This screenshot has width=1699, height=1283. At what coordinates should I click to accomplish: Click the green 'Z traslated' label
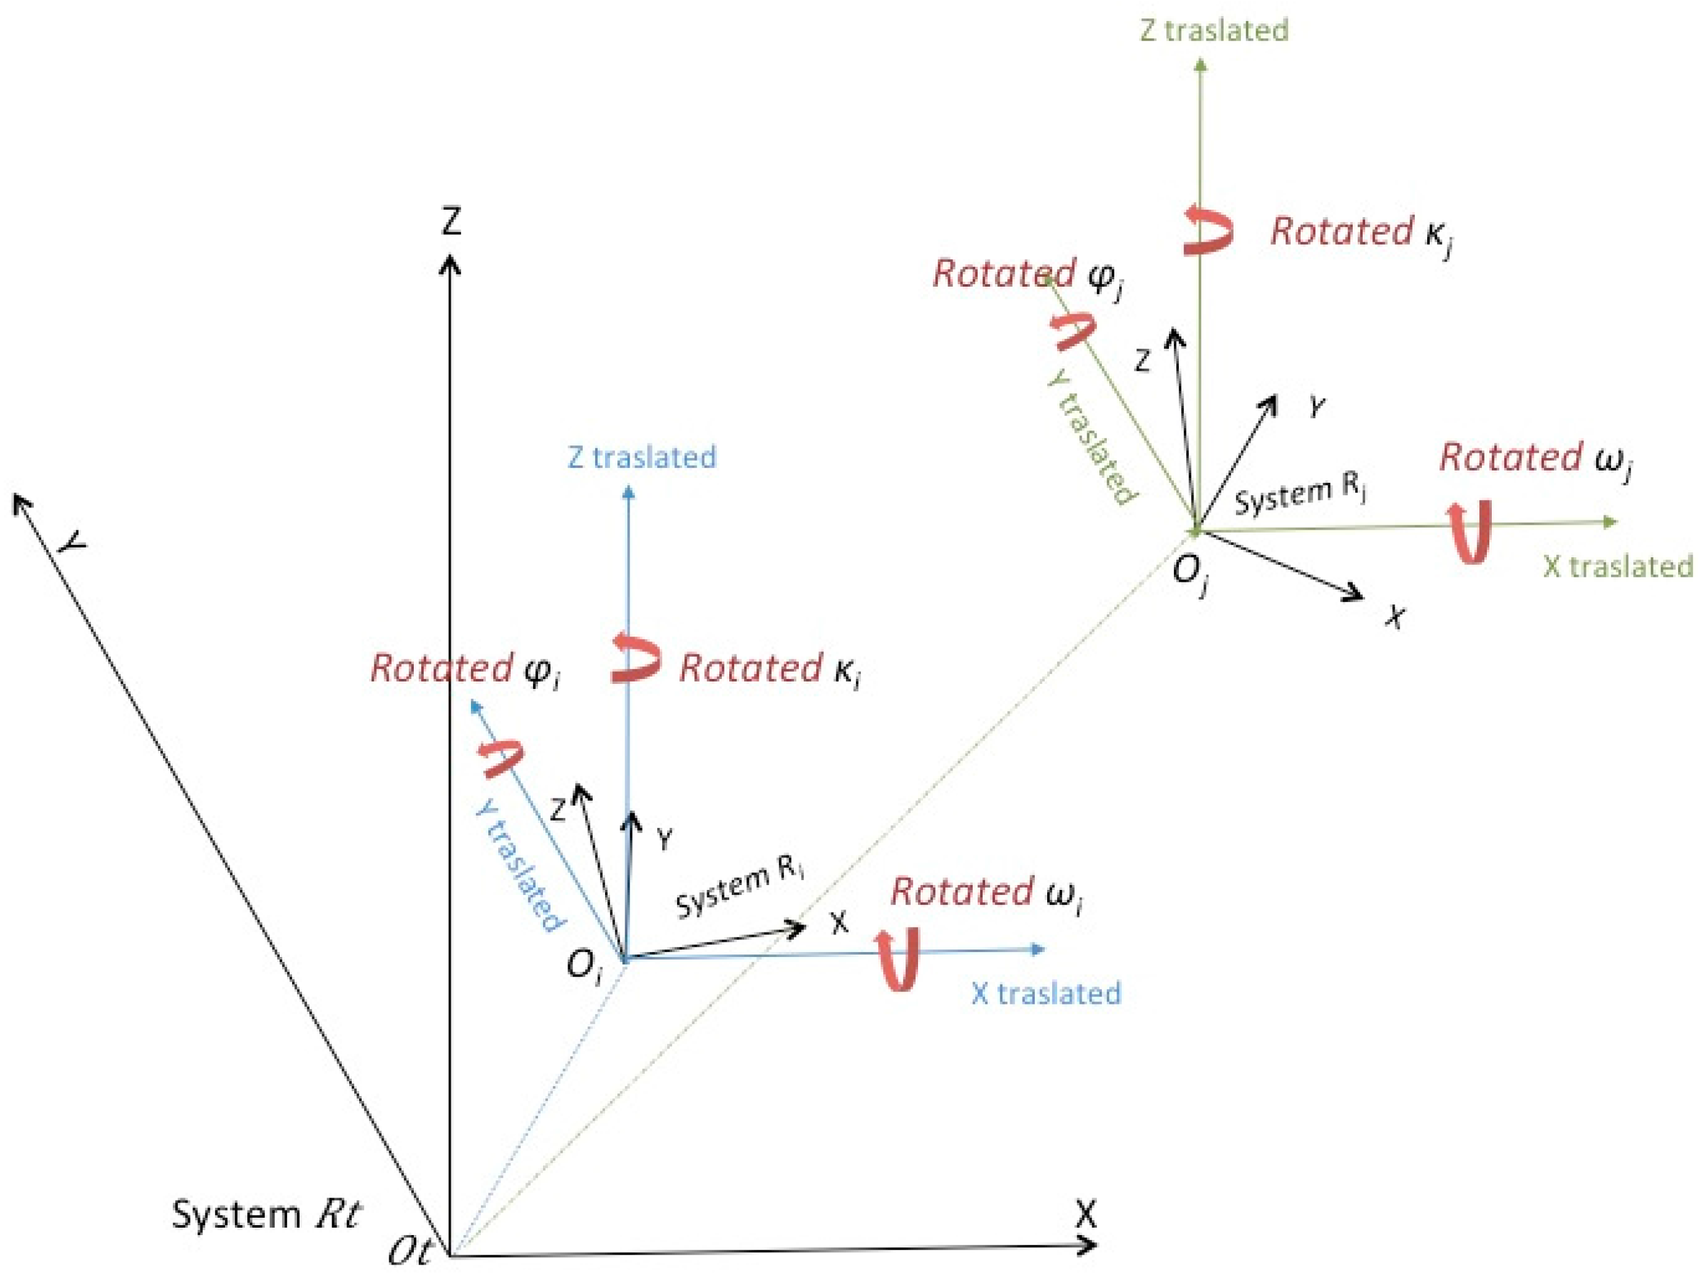[x=1214, y=31]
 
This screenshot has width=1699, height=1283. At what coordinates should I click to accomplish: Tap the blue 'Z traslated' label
[x=641, y=457]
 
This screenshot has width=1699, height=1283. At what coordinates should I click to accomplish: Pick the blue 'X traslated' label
[x=1046, y=993]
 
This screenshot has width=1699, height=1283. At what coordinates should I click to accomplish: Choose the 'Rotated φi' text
[x=465, y=669]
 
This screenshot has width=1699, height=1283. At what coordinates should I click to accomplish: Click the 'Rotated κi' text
[x=770, y=669]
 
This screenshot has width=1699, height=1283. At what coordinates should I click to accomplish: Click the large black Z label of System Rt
[x=451, y=221]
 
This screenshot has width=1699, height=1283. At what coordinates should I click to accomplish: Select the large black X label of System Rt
[x=1085, y=1215]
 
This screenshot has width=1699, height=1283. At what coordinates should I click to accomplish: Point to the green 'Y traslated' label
[x=1091, y=438]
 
